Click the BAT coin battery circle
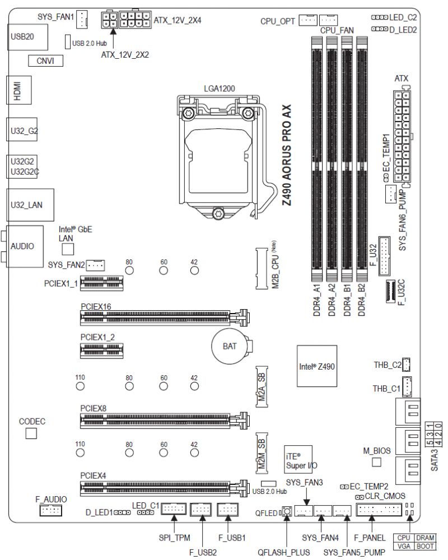coord(230,346)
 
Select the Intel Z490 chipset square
coord(317,366)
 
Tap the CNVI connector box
coord(46,60)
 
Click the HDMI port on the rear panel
coord(19,90)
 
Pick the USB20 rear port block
coord(27,37)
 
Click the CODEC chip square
coord(31,433)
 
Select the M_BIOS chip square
coord(376,462)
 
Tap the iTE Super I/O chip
coord(298,461)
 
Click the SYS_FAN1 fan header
coord(82,19)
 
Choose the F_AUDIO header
coord(50,510)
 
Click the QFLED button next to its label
coord(287,511)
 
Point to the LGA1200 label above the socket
coord(220,88)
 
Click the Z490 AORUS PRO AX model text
coord(287,155)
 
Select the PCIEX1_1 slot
coord(102,283)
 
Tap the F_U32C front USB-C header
coord(391,292)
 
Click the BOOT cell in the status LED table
coord(425,546)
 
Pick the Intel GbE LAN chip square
coord(68,249)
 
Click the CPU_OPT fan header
coord(308,20)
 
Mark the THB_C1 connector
coord(407,386)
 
